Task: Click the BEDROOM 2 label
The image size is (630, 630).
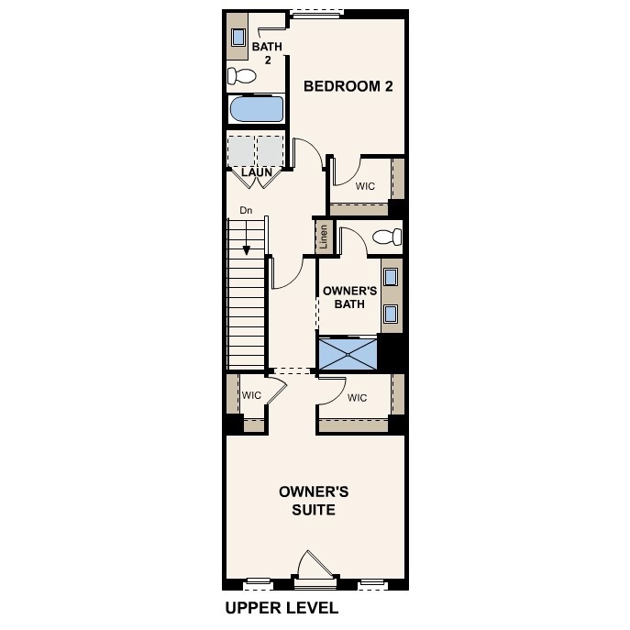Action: click(x=348, y=86)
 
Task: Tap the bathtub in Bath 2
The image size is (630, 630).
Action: click(x=256, y=110)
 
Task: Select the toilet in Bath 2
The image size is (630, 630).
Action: click(x=243, y=75)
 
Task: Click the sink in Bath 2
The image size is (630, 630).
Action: click(x=238, y=38)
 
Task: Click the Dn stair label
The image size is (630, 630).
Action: click(x=246, y=210)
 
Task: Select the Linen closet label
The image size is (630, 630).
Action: click(x=323, y=238)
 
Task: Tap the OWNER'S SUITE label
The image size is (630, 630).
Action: click(x=314, y=501)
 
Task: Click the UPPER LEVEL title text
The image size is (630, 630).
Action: click(x=282, y=607)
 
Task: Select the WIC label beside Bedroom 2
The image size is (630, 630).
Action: click(x=365, y=185)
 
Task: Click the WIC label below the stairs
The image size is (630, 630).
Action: click(x=251, y=395)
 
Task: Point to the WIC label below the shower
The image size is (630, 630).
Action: click(x=357, y=397)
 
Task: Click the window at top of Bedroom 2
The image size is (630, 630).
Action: click(x=316, y=12)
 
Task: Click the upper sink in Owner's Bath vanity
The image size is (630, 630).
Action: click(x=391, y=276)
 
